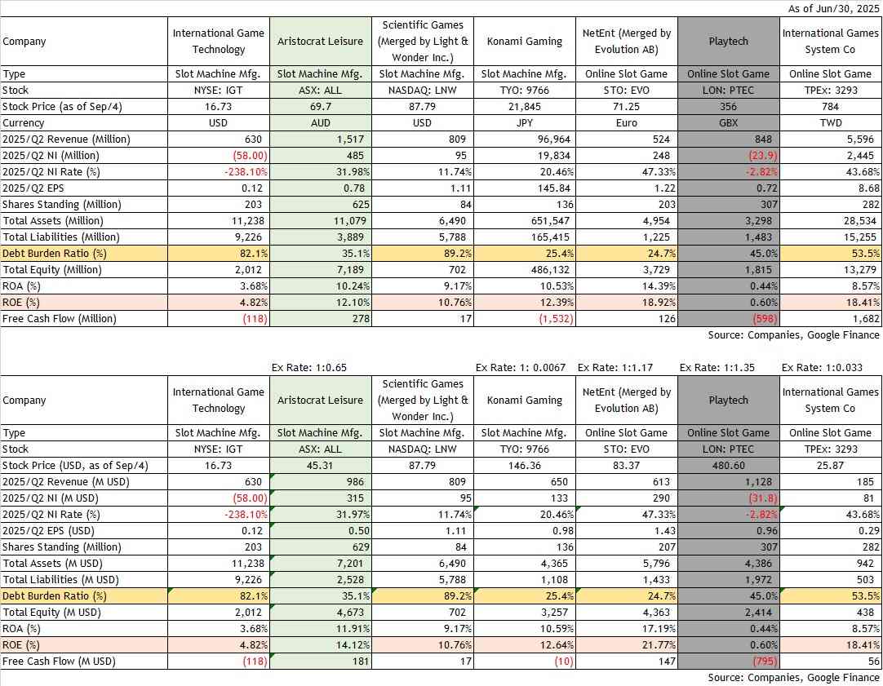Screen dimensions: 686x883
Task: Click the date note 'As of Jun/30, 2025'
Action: [834, 9]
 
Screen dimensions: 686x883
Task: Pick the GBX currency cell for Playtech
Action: [727, 122]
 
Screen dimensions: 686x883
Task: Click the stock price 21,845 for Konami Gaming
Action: [524, 106]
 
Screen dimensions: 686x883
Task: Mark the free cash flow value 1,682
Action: [861, 318]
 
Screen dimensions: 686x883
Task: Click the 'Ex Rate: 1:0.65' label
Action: [309, 367]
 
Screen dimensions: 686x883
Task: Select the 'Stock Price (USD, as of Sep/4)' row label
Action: [76, 465]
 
